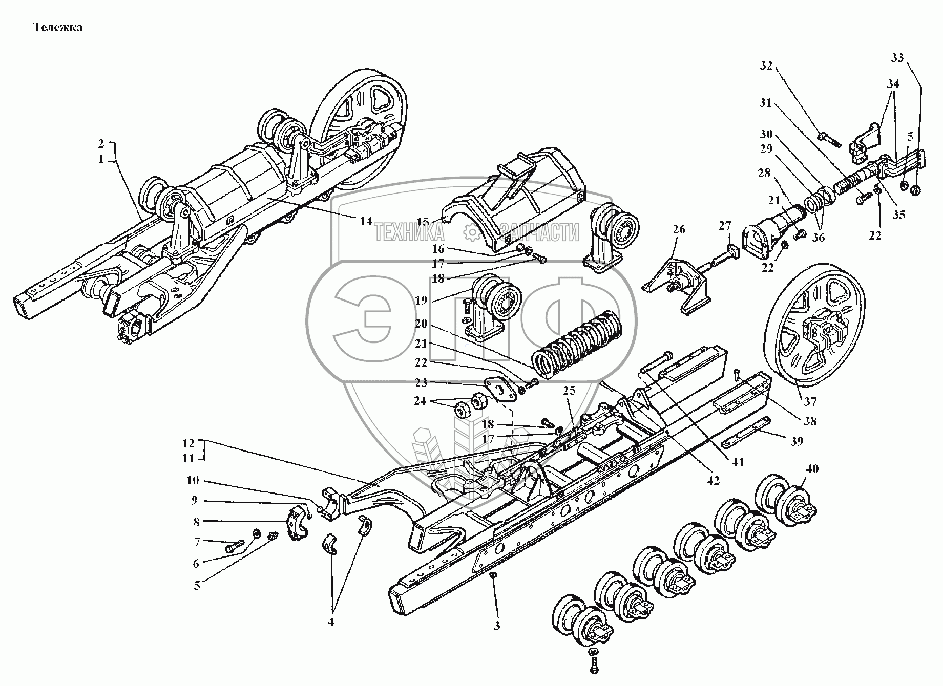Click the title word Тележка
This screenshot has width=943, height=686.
pyautogui.click(x=57, y=27)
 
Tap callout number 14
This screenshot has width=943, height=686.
pyautogui.click(x=366, y=221)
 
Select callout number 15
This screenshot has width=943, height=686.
pyautogui.click(x=423, y=222)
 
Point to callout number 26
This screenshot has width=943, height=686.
pyautogui.click(x=679, y=230)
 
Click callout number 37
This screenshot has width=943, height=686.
pyautogui.click(x=810, y=401)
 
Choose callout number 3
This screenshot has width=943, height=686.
pyautogui.click(x=496, y=626)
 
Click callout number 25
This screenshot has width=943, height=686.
pyautogui.click(x=569, y=391)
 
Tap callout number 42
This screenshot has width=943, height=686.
pyautogui.click(x=713, y=481)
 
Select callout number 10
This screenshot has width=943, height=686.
pyautogui.click(x=193, y=481)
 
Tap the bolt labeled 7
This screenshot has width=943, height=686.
pyautogui.click(x=233, y=548)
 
